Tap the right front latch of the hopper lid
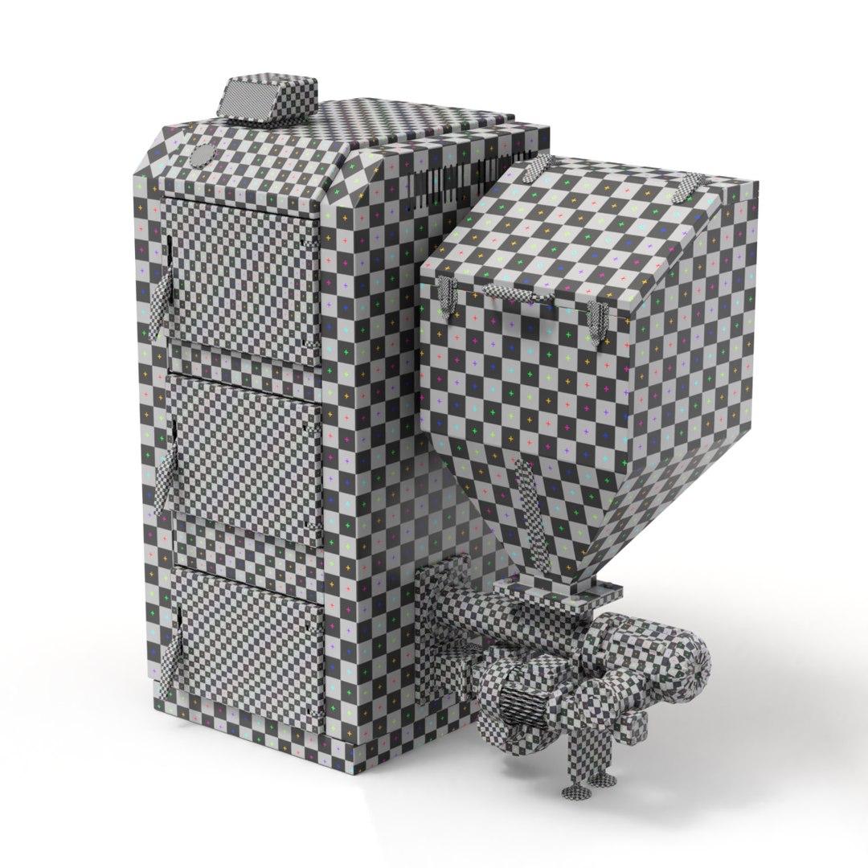click(597, 321)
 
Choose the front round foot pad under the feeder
click(579, 792)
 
